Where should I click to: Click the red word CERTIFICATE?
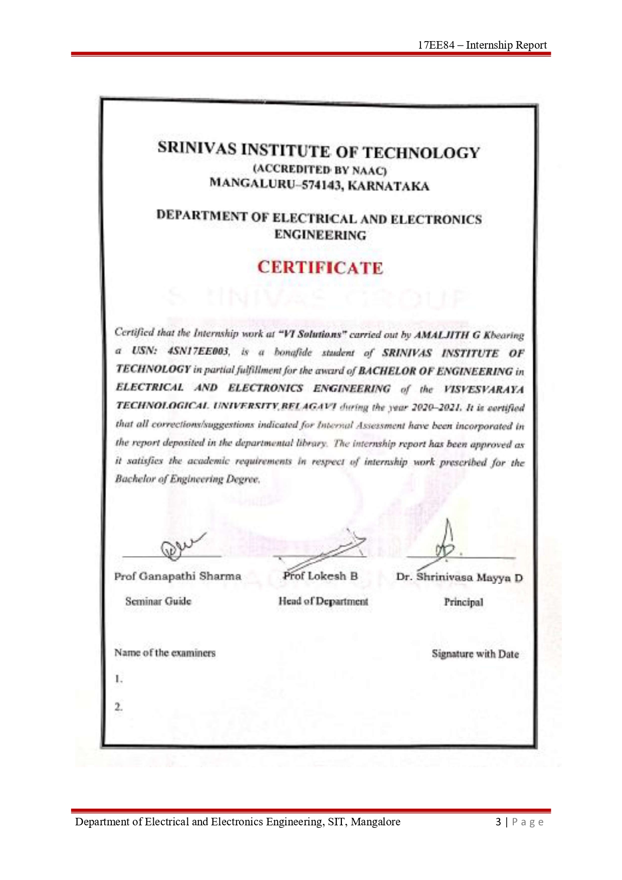pyautogui.click(x=320, y=268)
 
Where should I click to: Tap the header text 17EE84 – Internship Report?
pyautogui.click(x=482, y=45)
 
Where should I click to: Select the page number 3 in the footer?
pyautogui.click(x=498, y=822)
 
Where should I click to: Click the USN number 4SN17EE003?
pyautogui.click(x=198, y=351)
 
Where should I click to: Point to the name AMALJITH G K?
pyautogui.click(x=448, y=335)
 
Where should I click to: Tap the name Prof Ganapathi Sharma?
pyautogui.click(x=177, y=576)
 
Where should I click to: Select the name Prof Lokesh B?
pyautogui.click(x=320, y=576)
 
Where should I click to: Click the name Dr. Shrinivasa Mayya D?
pyautogui.click(x=459, y=577)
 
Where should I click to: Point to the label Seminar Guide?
pyautogui.click(x=158, y=601)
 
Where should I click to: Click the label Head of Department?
pyautogui.click(x=323, y=601)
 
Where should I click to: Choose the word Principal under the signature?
pyautogui.click(x=463, y=602)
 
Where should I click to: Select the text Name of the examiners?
pyautogui.click(x=165, y=653)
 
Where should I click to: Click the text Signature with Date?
pyautogui.click(x=475, y=654)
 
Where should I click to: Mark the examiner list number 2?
pyautogui.click(x=118, y=707)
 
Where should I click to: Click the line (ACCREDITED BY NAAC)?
pyautogui.click(x=320, y=170)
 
